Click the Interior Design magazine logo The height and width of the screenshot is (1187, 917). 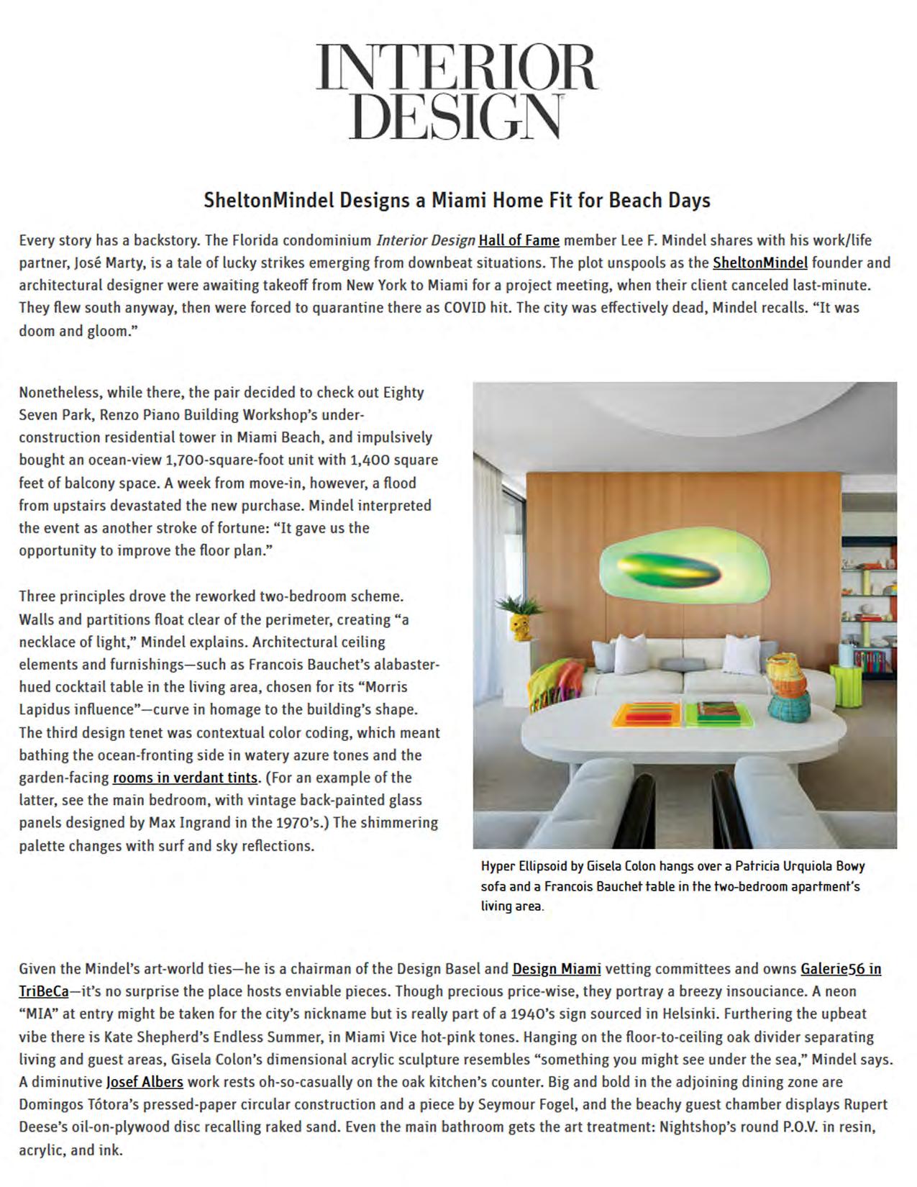click(x=457, y=91)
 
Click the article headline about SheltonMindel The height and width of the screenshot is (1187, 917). click(x=457, y=200)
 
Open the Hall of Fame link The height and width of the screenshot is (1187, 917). click(x=519, y=240)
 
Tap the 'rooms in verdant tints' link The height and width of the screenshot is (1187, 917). click(x=185, y=778)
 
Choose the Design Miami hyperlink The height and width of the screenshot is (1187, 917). click(x=556, y=969)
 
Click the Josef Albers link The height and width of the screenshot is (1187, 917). click(x=145, y=1082)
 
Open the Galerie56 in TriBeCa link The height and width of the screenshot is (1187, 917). click(x=840, y=969)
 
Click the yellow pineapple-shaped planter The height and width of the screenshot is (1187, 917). click(x=519, y=627)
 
